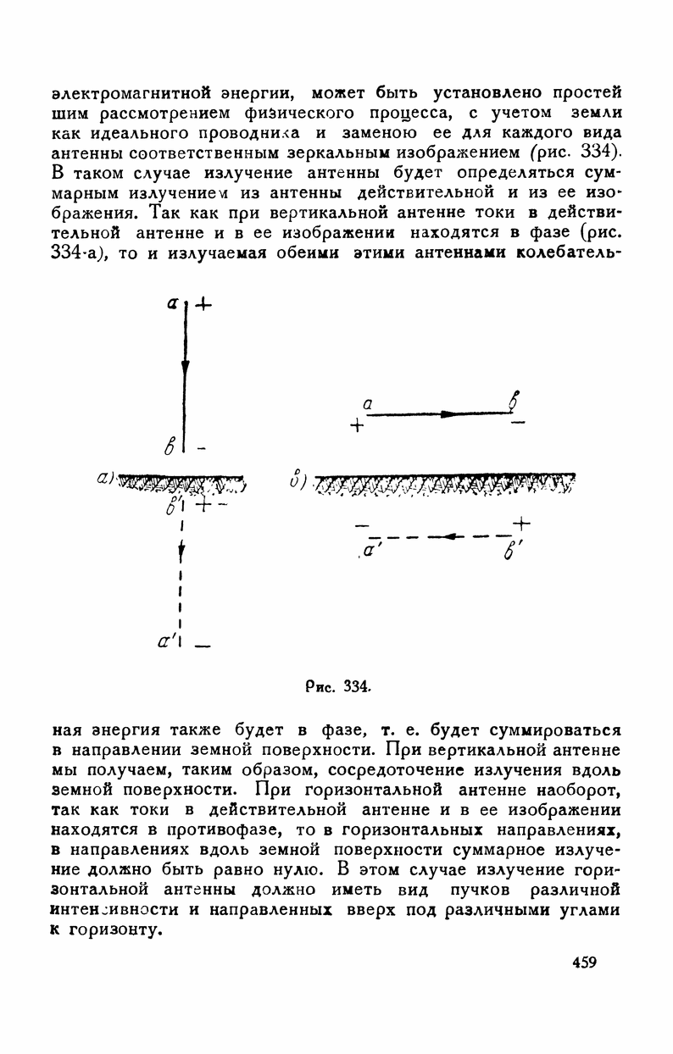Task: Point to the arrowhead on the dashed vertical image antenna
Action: [x=184, y=552]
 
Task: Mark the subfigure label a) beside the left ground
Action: [x=107, y=480]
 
